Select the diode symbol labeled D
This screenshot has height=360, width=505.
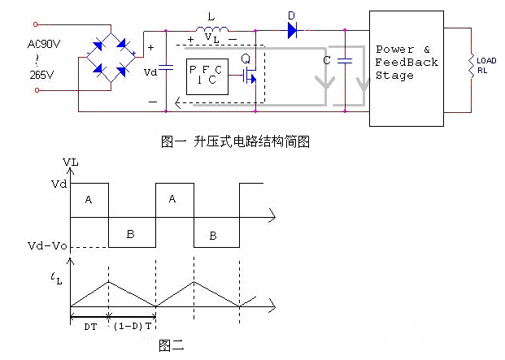[x=291, y=31]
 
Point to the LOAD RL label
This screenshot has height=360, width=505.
[x=486, y=65]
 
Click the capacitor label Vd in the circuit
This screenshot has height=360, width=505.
[x=150, y=71]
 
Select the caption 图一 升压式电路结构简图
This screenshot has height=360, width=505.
[x=237, y=141]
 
